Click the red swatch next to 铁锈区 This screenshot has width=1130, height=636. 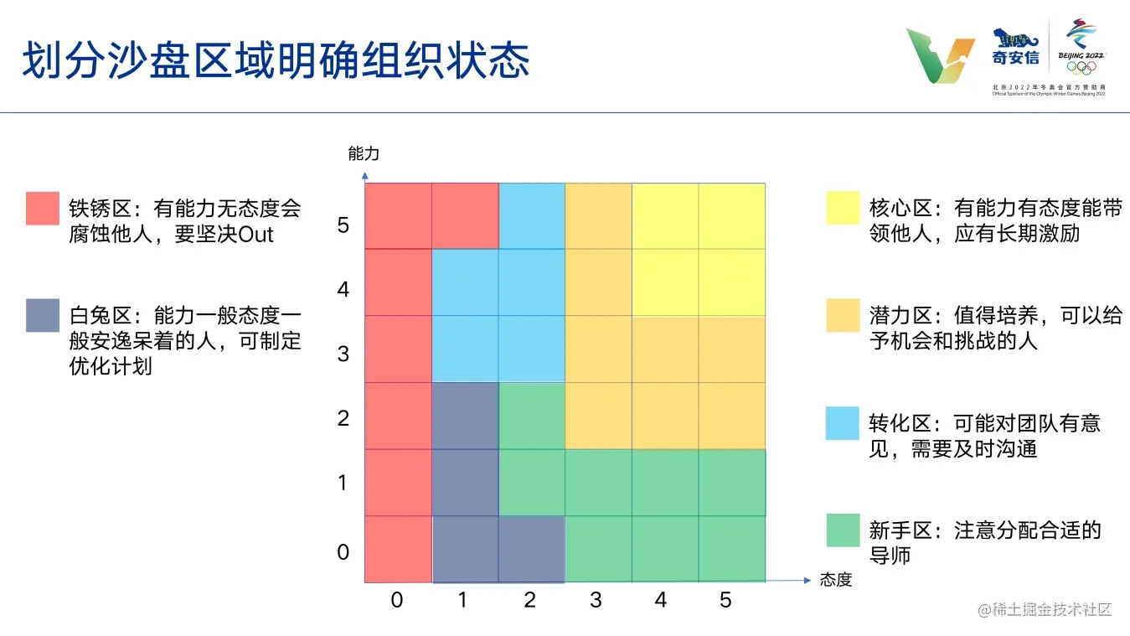[x=43, y=208]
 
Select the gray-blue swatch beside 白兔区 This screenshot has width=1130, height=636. [x=43, y=315]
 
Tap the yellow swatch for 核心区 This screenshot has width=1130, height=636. [x=843, y=208]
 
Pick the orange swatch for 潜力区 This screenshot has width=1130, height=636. [x=843, y=315]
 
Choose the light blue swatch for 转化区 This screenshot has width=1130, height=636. [x=843, y=423]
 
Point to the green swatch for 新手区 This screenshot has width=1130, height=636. [x=843, y=530]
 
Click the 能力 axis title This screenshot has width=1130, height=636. [x=364, y=153]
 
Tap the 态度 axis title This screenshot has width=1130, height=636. [x=836, y=580]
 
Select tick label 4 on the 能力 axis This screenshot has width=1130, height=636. [x=343, y=290]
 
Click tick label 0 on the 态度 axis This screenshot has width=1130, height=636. [x=397, y=600]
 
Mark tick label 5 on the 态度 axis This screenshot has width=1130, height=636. [x=725, y=600]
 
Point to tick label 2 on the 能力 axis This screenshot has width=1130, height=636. [x=343, y=418]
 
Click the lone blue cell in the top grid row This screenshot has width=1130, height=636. [x=532, y=216]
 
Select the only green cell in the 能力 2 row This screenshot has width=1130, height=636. [x=532, y=416]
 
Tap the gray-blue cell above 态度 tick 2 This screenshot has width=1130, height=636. [x=532, y=549]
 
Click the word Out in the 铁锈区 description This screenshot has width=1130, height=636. [x=255, y=235]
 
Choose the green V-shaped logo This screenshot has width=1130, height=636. [x=941, y=55]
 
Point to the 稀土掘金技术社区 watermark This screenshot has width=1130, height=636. [x=1045, y=610]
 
